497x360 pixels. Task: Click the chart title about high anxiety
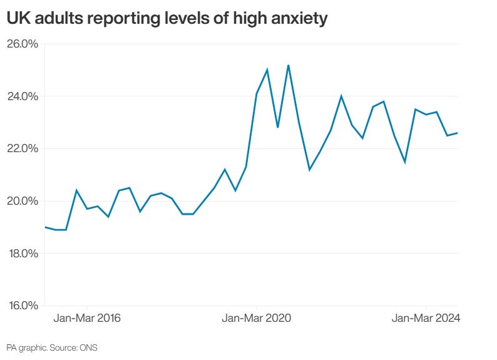pyautogui.click(x=167, y=19)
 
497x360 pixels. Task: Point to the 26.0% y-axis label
pyautogui.click(x=23, y=44)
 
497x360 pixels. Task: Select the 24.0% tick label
pyautogui.click(x=23, y=96)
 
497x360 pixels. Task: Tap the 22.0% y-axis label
pyautogui.click(x=23, y=149)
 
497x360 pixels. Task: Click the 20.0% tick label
pyautogui.click(x=23, y=201)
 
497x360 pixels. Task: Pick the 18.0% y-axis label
pyautogui.click(x=23, y=254)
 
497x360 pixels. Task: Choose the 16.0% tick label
pyautogui.click(x=23, y=306)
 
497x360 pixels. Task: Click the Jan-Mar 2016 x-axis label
pyautogui.click(x=87, y=319)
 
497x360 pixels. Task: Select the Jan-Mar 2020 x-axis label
pyautogui.click(x=257, y=319)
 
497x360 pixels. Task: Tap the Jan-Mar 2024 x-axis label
pyautogui.click(x=426, y=319)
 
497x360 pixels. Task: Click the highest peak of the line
pyautogui.click(x=288, y=65)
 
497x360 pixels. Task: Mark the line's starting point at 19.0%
pyautogui.click(x=45, y=227)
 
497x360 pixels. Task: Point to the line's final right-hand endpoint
pyautogui.click(x=458, y=133)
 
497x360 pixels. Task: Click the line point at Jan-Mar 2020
pyautogui.click(x=257, y=94)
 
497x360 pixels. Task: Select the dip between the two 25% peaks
pyautogui.click(x=277, y=128)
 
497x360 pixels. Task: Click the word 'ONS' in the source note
pyautogui.click(x=88, y=347)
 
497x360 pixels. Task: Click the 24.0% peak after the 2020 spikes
pyautogui.click(x=341, y=96)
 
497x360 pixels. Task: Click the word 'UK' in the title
pyautogui.click(x=18, y=19)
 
